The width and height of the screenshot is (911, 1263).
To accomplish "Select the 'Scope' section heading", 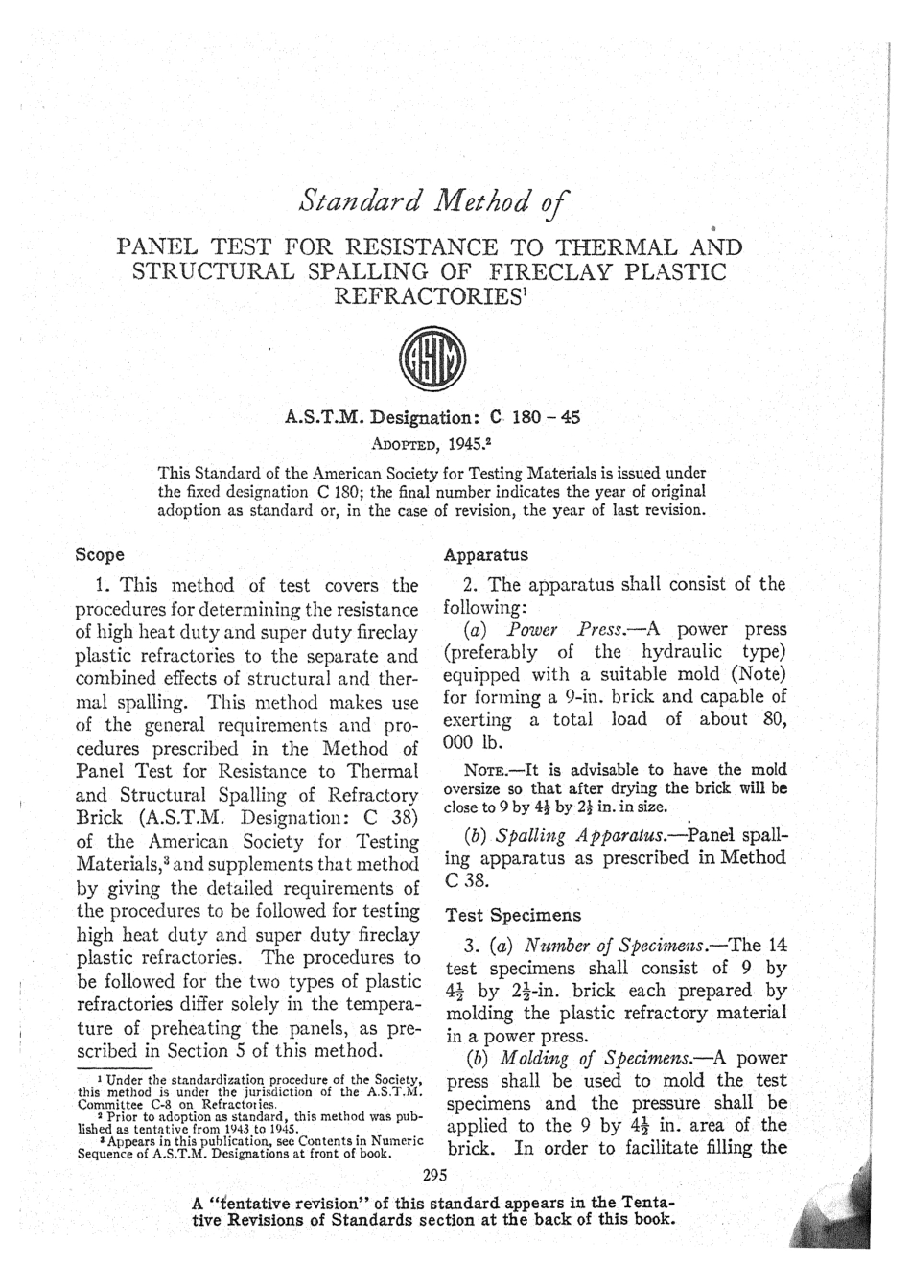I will coord(100,554).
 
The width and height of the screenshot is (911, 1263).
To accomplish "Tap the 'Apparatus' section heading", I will coord(486,554).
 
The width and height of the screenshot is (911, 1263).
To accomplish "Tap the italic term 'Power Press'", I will coord(566,630).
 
